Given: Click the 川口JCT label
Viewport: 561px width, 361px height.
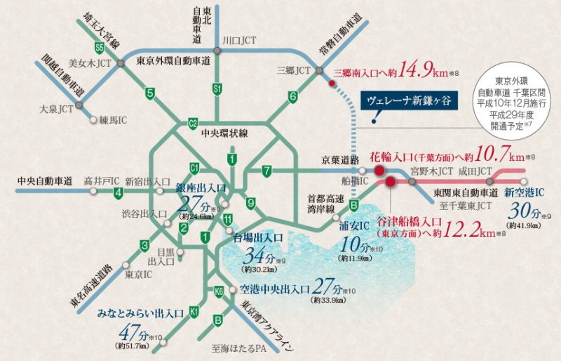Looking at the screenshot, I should click(x=238, y=41).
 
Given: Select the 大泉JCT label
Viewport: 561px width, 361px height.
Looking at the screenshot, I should click(x=57, y=110).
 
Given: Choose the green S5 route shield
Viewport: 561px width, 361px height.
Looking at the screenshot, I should click(x=100, y=48).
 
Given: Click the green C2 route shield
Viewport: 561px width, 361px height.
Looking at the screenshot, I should click(x=193, y=124).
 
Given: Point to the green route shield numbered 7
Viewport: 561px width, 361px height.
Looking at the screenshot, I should click(x=266, y=171).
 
